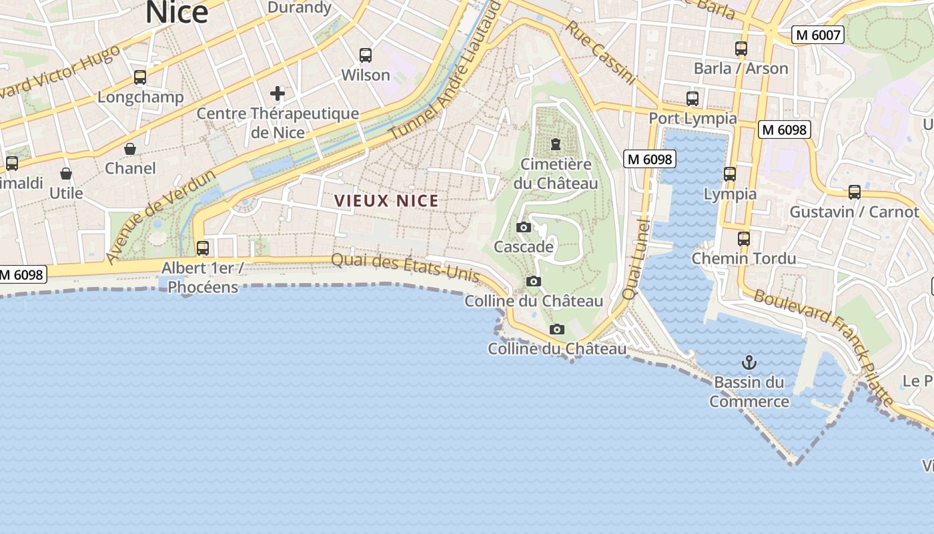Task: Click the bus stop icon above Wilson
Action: pyautogui.click(x=365, y=55)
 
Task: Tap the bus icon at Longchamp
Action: pyautogui.click(x=139, y=77)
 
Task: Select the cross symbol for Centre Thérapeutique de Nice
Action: pyautogui.click(x=278, y=93)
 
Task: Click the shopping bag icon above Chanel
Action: pyautogui.click(x=130, y=148)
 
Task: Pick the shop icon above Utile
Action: pyautogui.click(x=66, y=174)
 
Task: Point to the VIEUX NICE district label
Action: pyautogui.click(x=386, y=201)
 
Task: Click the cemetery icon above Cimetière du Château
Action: pyautogui.click(x=555, y=144)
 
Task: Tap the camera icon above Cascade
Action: pyautogui.click(x=524, y=227)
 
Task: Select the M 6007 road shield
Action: pyautogui.click(x=817, y=35)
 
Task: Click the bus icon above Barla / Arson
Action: pyautogui.click(x=741, y=48)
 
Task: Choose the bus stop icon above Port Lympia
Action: pyautogui.click(x=692, y=99)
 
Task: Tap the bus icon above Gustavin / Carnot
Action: pyautogui.click(x=855, y=192)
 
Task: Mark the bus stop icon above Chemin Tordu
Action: pyautogui.click(x=744, y=238)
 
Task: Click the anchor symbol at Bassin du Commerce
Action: pyautogui.click(x=749, y=362)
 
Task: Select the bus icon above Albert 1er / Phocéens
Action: pyautogui.click(x=202, y=248)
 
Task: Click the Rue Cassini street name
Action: pyautogui.click(x=600, y=52)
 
